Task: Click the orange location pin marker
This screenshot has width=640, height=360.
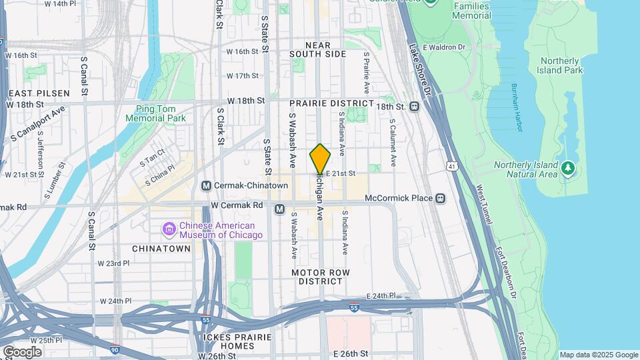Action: pos(320,159)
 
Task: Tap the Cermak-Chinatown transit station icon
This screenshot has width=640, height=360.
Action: pos(206,185)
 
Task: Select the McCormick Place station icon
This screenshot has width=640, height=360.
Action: pos(440,198)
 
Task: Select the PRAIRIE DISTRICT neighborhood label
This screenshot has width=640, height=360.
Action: pos(331,103)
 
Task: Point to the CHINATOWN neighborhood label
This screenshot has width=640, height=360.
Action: pos(161,248)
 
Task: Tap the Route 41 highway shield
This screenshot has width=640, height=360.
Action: pos(453,166)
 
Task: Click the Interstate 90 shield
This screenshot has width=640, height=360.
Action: pos(115,349)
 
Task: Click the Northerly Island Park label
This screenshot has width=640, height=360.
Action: pos(560,65)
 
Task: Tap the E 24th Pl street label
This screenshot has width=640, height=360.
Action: pos(381,295)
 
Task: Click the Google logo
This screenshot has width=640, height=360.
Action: pos(22,351)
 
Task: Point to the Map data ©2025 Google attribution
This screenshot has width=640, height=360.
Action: pos(598,355)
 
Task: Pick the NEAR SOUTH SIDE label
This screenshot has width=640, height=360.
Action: pos(318,49)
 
